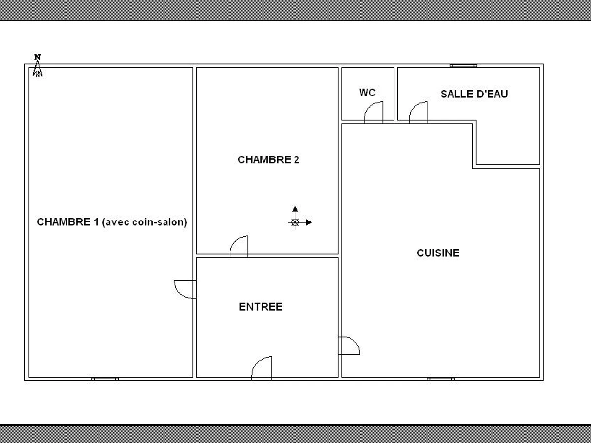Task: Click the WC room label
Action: (367, 93)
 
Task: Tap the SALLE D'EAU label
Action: (474, 94)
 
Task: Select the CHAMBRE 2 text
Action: (268, 160)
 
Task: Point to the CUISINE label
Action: (438, 253)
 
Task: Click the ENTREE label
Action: (261, 307)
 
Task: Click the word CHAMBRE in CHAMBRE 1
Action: (61, 222)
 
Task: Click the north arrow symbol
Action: (37, 69)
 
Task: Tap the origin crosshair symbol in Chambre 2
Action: (295, 222)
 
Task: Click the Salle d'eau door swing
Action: (419, 112)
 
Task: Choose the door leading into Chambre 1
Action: (186, 289)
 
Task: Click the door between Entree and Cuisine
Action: (349, 346)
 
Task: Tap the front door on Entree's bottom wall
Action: (262, 368)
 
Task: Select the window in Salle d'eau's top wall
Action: (463, 65)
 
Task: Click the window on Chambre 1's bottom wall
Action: (105, 379)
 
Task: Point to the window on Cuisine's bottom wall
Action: (440, 379)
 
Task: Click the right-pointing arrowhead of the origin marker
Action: (308, 222)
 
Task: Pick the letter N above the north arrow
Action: (37, 57)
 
